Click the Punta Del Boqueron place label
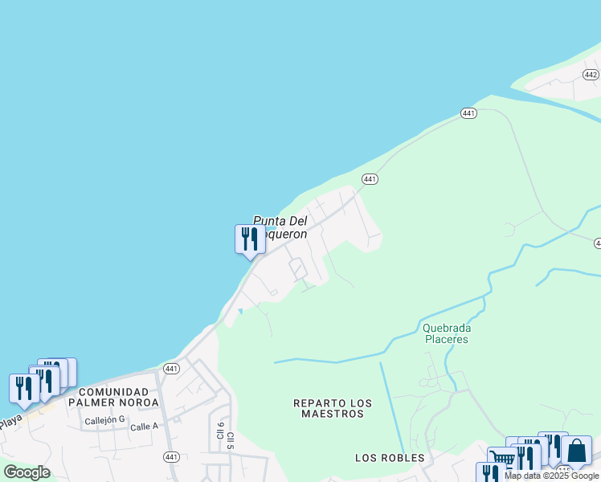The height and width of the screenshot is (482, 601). pos(280,227)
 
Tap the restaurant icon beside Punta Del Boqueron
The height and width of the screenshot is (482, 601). pos(249,239)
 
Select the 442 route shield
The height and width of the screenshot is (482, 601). pos(591,75)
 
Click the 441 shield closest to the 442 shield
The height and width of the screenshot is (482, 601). pos(469,113)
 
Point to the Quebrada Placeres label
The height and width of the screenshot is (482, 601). pos(445,333)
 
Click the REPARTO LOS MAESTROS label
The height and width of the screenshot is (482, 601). pos(329,408)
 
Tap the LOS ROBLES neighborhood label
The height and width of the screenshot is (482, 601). pos(390,458)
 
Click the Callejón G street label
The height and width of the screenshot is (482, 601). pos(105,419)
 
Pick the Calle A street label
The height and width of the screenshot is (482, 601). pos(144,427)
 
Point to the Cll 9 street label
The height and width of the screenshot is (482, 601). pos(219,431)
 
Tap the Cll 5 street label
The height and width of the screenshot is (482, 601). pos(230,439)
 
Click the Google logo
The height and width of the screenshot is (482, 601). pos(27,472)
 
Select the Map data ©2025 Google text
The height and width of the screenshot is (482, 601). pos(552,476)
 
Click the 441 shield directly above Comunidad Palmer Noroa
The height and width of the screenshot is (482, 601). pos(170,369)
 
